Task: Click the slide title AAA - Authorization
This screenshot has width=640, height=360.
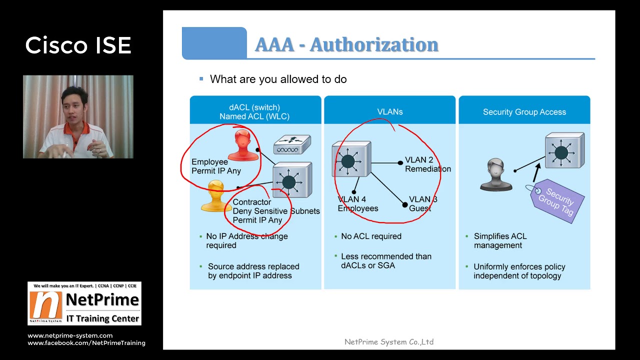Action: (346, 44)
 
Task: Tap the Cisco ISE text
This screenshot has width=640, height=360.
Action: (78, 45)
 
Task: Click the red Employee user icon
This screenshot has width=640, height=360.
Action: (242, 144)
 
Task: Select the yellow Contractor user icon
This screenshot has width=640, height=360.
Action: (216, 196)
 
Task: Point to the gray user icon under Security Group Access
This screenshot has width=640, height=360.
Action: (495, 174)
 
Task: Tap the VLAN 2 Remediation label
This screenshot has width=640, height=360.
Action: (427, 164)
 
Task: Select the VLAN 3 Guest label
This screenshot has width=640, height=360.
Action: (423, 203)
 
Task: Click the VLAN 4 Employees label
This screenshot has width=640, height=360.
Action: (357, 204)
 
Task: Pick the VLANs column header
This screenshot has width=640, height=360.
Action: (389, 112)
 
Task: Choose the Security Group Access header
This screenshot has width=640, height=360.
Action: (524, 112)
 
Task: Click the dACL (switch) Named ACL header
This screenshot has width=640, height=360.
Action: (255, 112)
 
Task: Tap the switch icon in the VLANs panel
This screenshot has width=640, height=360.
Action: (351, 159)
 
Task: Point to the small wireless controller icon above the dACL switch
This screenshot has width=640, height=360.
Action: (292, 145)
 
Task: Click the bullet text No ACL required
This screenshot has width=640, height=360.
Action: (371, 236)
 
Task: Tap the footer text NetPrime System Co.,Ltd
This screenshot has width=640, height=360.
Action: (389, 342)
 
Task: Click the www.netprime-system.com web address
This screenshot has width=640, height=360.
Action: (70, 335)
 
